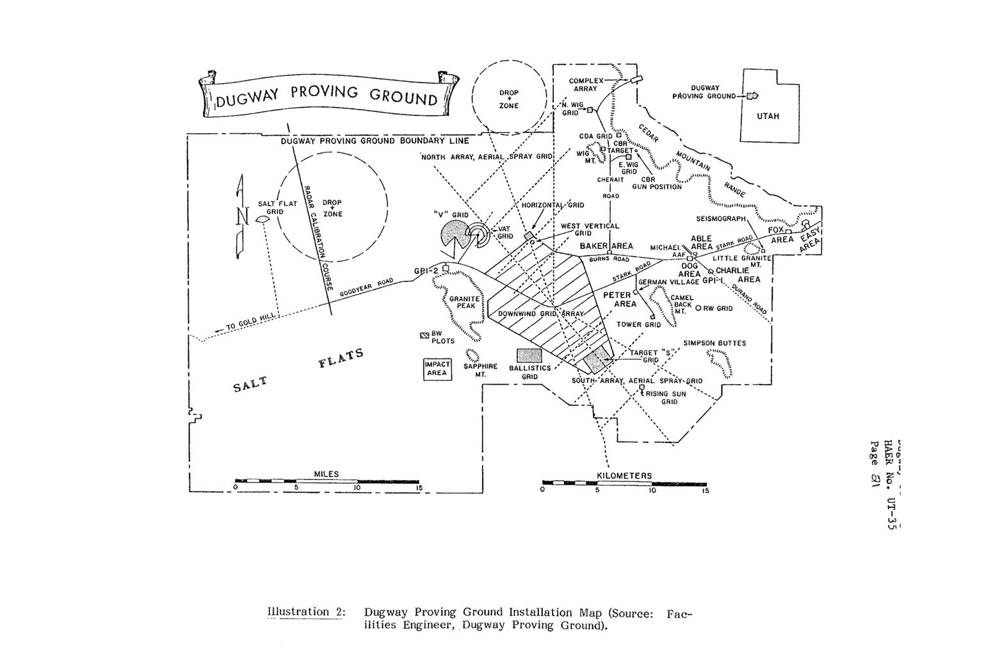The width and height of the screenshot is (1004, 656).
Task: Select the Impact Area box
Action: [437, 369]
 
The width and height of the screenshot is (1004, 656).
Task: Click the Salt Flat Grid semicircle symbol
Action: [262, 220]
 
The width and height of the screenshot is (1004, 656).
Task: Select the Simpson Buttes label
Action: [715, 343]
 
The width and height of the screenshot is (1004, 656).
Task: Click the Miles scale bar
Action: [327, 480]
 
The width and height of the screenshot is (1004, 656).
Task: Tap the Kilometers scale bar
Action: [624, 483]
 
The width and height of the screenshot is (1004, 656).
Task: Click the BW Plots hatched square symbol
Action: [424, 335]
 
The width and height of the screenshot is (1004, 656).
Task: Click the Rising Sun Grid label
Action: [665, 397]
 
